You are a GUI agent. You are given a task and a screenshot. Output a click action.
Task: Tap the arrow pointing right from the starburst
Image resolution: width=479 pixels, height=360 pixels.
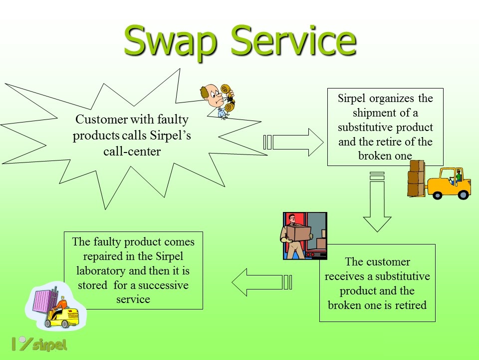[293, 142]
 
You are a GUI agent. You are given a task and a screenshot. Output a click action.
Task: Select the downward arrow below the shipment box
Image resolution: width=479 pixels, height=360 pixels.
[377, 201]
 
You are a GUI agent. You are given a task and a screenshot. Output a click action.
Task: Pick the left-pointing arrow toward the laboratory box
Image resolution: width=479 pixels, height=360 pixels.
[262, 282]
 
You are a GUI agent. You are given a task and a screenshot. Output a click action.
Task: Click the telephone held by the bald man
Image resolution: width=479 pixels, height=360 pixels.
[228, 97]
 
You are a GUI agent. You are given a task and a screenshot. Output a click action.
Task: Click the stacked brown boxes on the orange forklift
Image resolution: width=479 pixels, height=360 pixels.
[416, 178]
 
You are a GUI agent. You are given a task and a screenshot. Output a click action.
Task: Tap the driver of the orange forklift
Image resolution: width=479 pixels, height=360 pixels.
[457, 177]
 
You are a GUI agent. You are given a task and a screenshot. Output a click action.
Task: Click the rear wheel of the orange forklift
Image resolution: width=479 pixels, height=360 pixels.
[463, 194]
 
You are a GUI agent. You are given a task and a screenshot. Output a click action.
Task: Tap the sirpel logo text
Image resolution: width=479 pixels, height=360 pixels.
[49, 345]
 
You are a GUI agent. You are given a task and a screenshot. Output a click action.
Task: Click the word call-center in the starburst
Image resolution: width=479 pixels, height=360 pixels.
[132, 151]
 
